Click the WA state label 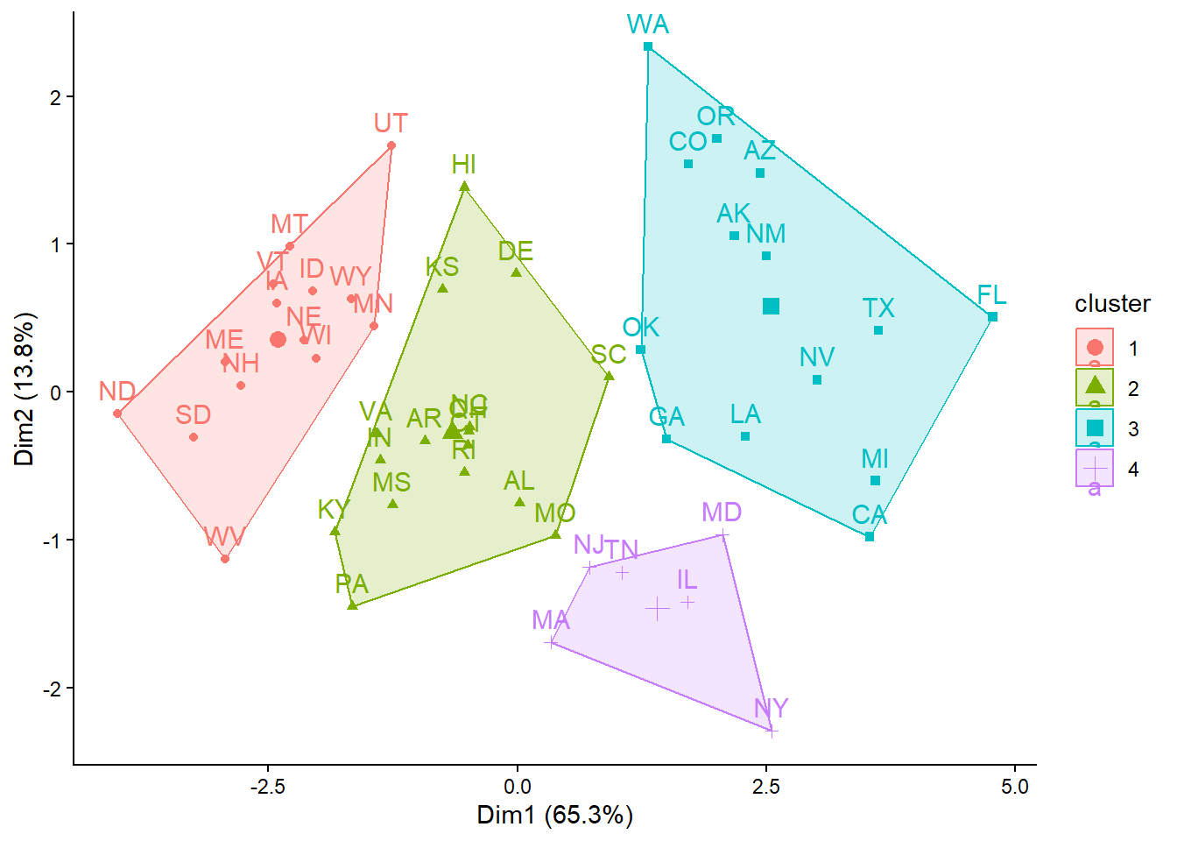pyautogui.click(x=648, y=25)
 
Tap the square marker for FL pyautogui.click(x=992, y=317)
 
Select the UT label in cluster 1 pyautogui.click(x=391, y=124)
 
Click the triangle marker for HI pyautogui.click(x=465, y=187)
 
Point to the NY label pyautogui.click(x=771, y=708)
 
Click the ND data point pyautogui.click(x=117, y=413)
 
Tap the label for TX pyautogui.click(x=878, y=308)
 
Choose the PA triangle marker pyautogui.click(x=353, y=605)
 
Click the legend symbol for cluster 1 pyautogui.click(x=1095, y=348)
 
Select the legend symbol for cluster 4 pyautogui.click(x=1095, y=469)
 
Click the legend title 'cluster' pyautogui.click(x=1112, y=304)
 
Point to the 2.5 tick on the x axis pyautogui.click(x=766, y=787)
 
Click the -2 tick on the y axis pyautogui.click(x=54, y=689)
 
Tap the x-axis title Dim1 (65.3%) pyautogui.click(x=554, y=816)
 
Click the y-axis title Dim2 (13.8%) pyautogui.click(x=25, y=389)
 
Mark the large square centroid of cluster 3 pyautogui.click(x=771, y=306)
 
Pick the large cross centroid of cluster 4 pyautogui.click(x=657, y=608)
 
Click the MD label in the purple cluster pyautogui.click(x=722, y=512)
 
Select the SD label pyautogui.click(x=193, y=414)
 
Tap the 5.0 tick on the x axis pyautogui.click(x=1015, y=787)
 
